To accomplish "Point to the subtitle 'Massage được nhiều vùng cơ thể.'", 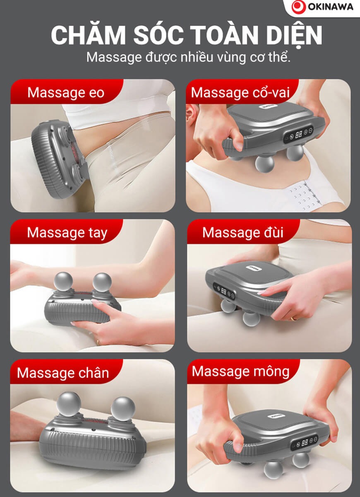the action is tap(188, 58).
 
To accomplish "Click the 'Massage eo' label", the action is tap(66, 92).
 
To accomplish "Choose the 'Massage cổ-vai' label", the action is tap(240, 92).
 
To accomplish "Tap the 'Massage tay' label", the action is tap(67, 233).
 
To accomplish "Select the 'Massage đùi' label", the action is tap(243, 232).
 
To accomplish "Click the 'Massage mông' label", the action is tap(240, 372).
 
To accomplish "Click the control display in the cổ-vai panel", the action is tap(298, 134).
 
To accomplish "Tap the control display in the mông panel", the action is tap(304, 443).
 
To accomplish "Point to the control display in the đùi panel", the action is tap(224, 291).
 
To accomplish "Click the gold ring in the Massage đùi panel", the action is tap(294, 319).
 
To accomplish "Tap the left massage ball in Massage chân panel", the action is tap(69, 405).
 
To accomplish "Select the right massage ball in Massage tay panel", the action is tap(102, 282).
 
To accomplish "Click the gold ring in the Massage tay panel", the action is tap(98, 342).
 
